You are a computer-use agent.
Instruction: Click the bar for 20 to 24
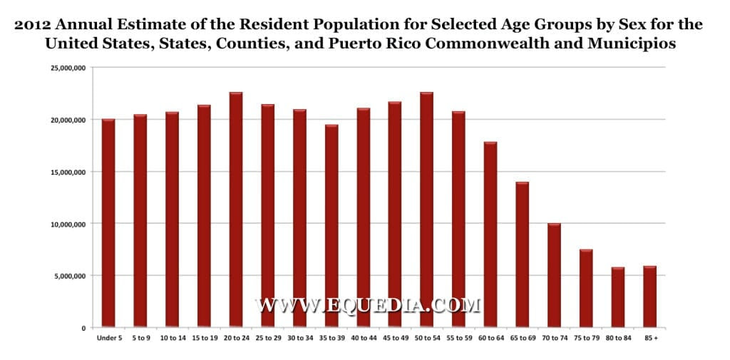236,210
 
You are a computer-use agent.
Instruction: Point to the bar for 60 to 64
490,235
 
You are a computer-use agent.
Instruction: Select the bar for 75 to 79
586,288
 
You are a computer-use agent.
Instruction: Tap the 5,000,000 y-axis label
68,276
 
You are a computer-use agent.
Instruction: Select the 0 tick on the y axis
83,328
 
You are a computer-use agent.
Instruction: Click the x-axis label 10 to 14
172,338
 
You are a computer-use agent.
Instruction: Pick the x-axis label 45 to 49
395,338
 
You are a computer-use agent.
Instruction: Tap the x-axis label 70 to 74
554,338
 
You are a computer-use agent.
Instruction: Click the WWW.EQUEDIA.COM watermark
368,306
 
